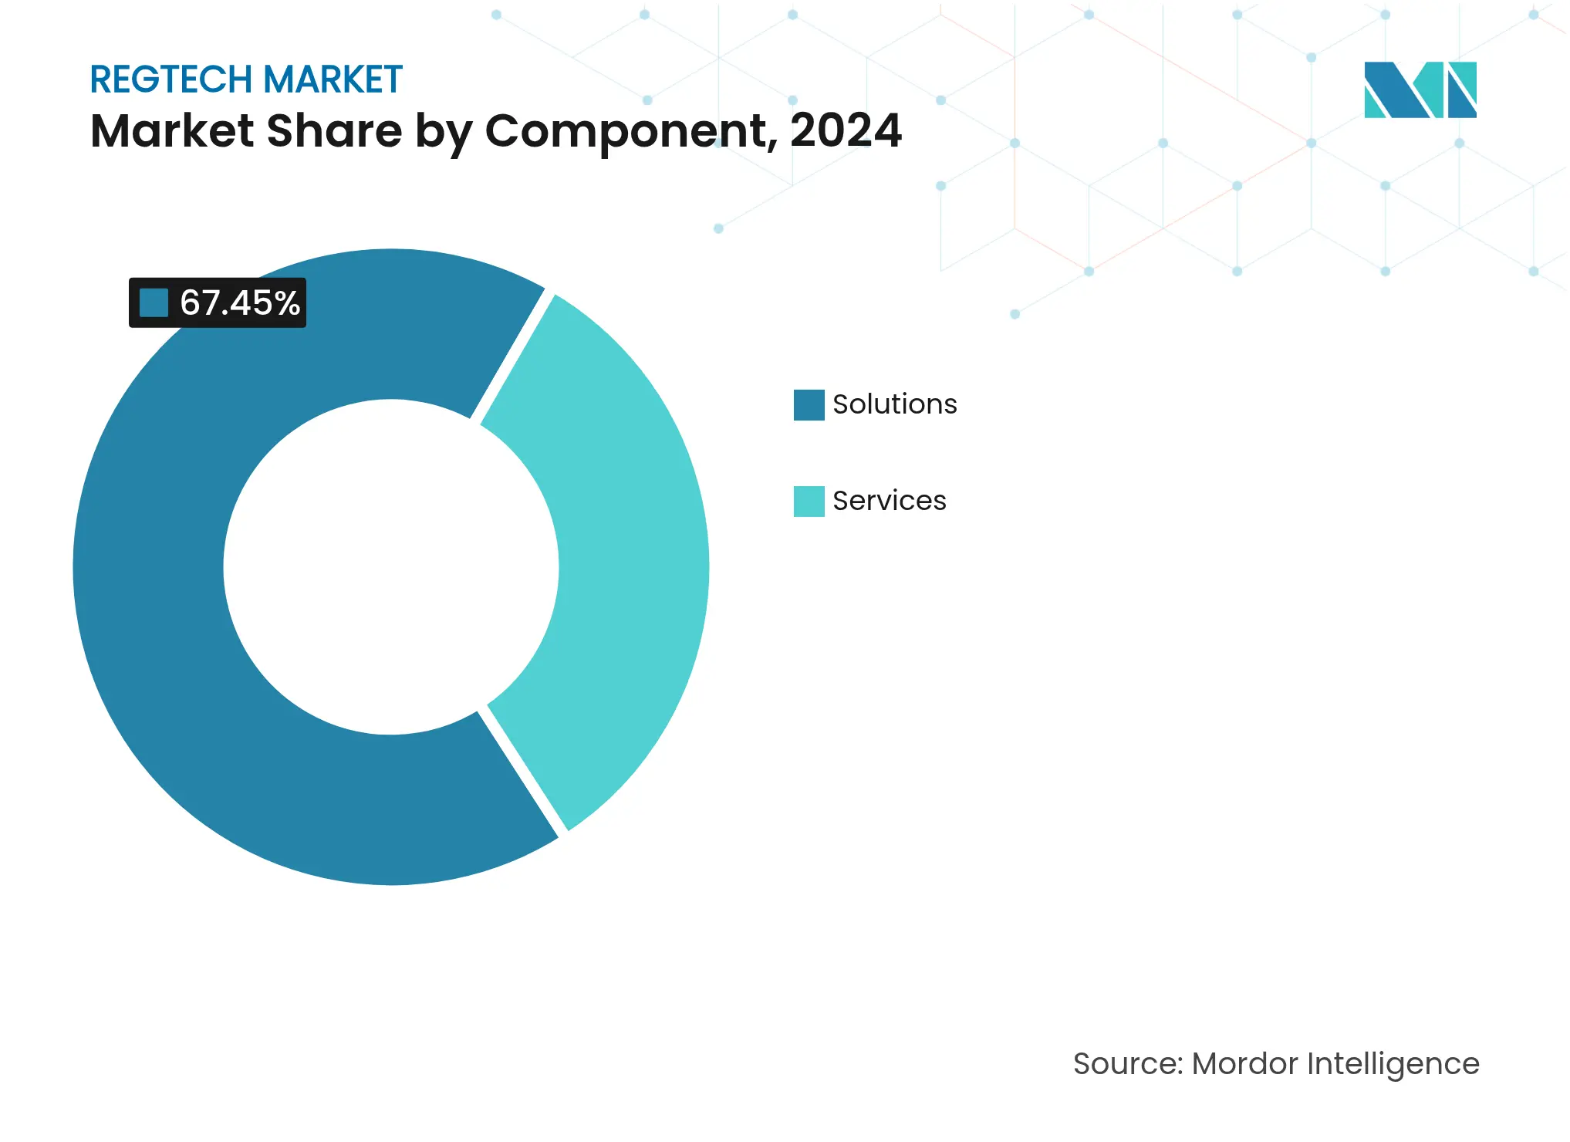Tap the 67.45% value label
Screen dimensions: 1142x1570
[x=239, y=302]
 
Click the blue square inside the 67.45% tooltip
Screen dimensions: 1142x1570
[x=154, y=302]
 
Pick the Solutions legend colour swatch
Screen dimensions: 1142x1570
[x=809, y=404]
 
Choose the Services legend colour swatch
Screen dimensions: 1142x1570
[x=809, y=501]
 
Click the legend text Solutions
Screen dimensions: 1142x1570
[x=894, y=404]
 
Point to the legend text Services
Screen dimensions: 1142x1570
[x=889, y=501]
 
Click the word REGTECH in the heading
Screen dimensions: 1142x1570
[x=171, y=79]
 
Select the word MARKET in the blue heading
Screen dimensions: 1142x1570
[x=332, y=79]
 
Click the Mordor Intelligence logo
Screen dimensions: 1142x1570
[x=1420, y=90]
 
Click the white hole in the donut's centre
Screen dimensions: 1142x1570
[x=390, y=567]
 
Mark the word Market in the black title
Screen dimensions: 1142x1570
[x=172, y=130]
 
